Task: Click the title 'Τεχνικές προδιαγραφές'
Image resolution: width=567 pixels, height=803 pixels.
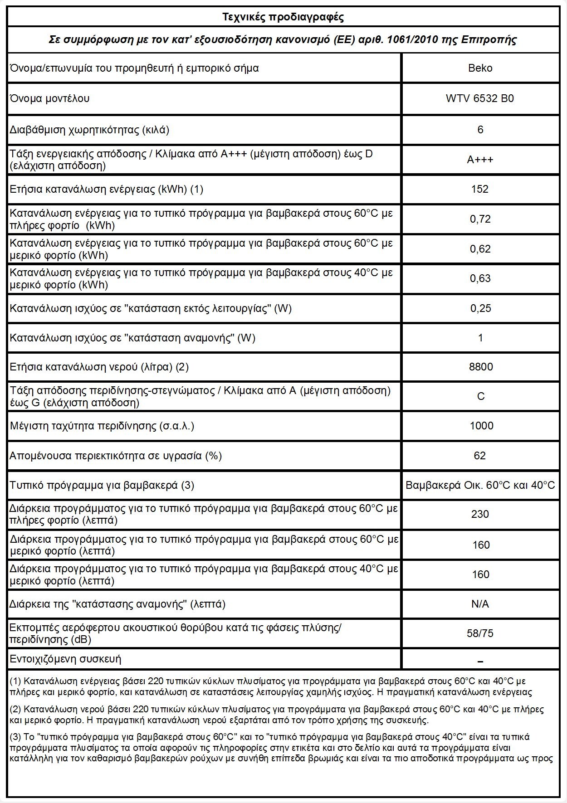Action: [283, 17]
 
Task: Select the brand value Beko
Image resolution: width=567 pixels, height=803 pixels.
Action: [480, 68]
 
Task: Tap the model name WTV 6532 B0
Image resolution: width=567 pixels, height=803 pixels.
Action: [480, 98]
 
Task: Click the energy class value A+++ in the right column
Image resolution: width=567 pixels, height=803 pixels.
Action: [480, 160]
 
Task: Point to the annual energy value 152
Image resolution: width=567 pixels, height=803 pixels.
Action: [480, 189]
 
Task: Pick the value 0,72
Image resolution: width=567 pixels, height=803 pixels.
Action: [480, 219]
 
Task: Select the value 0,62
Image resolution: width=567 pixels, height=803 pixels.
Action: [480, 249]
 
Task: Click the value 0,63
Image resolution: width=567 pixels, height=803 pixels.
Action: [480, 278]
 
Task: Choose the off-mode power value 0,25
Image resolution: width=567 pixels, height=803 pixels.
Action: [480, 308]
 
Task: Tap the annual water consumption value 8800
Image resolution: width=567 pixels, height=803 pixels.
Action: [480, 367]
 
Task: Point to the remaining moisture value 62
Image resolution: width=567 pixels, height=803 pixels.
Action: [480, 456]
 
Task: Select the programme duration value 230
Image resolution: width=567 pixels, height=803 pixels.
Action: [480, 514]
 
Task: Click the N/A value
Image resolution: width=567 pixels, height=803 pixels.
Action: [480, 604]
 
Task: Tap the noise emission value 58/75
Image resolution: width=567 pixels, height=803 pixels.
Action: [480, 633]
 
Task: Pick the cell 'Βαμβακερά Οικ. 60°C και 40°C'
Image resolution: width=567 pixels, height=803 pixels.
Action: [480, 485]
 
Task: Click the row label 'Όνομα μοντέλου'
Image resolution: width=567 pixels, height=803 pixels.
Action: [50, 98]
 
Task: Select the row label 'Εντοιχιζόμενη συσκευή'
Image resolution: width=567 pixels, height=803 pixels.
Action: [66, 659]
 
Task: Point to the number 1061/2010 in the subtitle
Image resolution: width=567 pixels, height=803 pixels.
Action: [412, 39]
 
